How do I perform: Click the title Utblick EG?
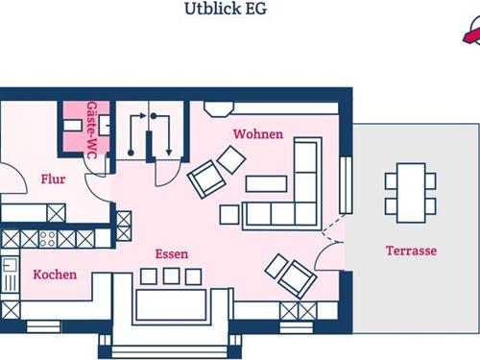[226, 9]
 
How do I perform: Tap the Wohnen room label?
[258, 133]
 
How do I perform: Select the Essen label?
[172, 253]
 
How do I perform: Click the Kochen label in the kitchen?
[55, 275]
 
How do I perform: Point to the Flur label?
[53, 180]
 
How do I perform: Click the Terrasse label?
[411, 251]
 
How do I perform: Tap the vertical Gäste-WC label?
[92, 130]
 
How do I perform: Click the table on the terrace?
[411, 193]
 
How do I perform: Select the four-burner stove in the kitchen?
[47, 239]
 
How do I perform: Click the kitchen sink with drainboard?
[10, 275]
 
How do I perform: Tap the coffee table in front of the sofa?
[266, 183]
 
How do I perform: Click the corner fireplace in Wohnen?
[219, 108]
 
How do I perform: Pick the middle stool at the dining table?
[171, 276]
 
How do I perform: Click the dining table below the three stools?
[171, 305]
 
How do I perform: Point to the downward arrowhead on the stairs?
[169, 153]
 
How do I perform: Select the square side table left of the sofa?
[229, 214]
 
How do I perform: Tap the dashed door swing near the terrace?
[333, 228]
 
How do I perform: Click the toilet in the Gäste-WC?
[105, 125]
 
